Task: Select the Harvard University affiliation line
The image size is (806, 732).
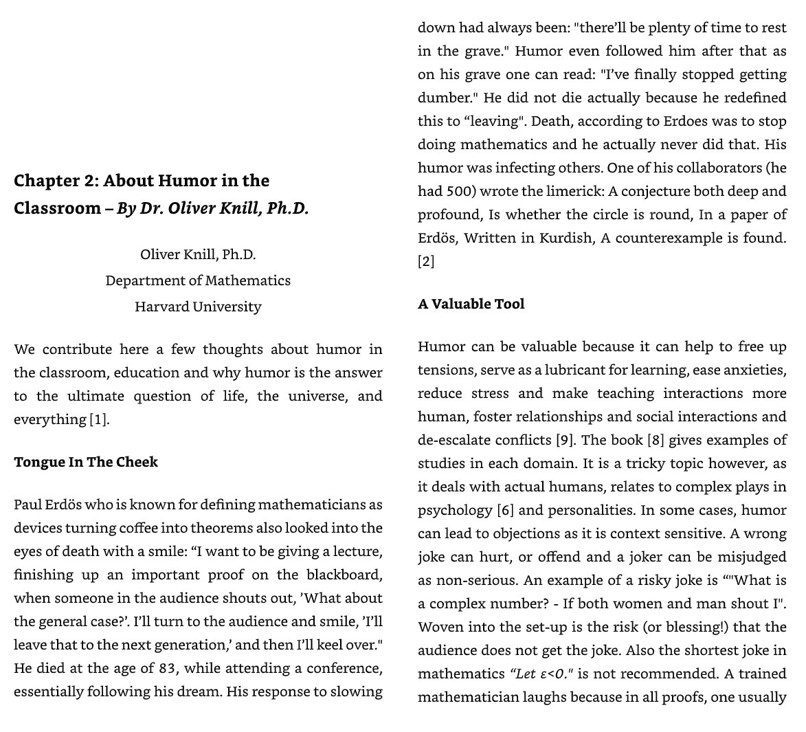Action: tap(198, 307)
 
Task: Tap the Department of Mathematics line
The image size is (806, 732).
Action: tap(198, 280)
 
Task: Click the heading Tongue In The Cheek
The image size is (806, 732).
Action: tap(86, 462)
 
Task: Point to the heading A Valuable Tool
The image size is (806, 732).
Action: tap(471, 304)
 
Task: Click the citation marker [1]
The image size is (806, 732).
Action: tap(99, 419)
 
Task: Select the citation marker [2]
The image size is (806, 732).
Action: tap(426, 261)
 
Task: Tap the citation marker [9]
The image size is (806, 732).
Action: tap(564, 440)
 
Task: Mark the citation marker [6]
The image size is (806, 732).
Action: tap(505, 510)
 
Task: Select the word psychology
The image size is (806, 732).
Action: tap(455, 510)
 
